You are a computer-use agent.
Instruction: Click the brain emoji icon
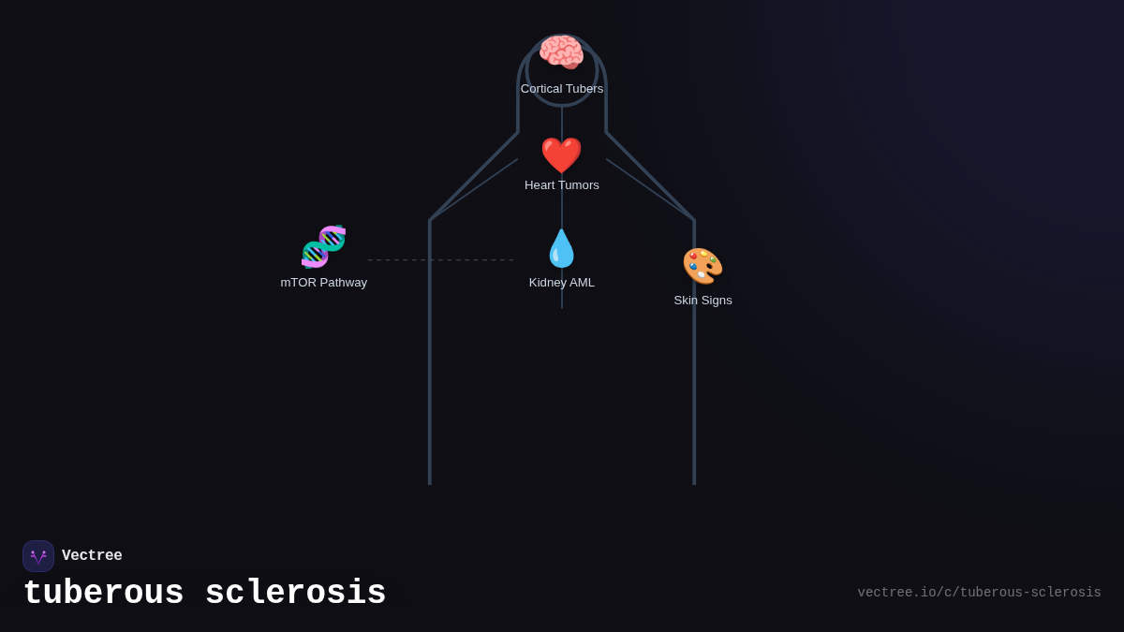(561, 52)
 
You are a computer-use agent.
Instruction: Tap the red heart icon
(561, 155)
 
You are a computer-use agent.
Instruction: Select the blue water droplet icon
(561, 249)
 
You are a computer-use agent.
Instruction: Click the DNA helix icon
(324, 247)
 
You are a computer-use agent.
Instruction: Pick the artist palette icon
(702, 266)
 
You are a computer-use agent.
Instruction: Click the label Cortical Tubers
(562, 89)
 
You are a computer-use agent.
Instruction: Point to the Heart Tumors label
(562, 185)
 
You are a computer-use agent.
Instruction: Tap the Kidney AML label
(562, 283)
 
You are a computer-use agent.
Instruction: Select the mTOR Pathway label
(324, 283)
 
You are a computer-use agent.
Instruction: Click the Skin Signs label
(702, 301)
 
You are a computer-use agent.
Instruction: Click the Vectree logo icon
(38, 556)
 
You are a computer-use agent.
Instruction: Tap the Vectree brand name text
(92, 556)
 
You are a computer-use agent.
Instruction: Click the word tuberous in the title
(103, 594)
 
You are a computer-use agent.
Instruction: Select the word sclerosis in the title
(295, 594)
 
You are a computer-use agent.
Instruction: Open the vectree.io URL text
(979, 593)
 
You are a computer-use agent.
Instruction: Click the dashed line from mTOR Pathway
(440, 260)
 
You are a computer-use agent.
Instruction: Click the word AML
(581, 283)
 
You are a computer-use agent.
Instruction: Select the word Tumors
(579, 185)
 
